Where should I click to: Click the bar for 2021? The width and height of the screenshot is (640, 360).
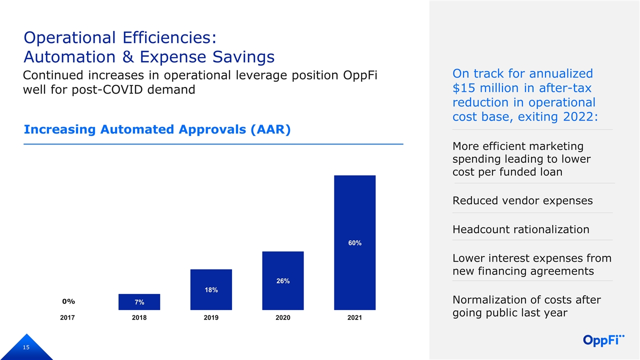tap(354, 210)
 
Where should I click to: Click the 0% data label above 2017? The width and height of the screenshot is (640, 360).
tap(68, 301)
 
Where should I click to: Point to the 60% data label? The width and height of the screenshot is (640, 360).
tap(355, 243)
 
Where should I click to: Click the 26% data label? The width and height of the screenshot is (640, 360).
tap(283, 281)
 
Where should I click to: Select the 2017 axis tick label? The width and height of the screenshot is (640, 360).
tap(67, 318)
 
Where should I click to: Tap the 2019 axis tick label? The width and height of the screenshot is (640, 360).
tap(211, 318)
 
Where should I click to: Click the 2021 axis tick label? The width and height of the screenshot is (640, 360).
tap(355, 318)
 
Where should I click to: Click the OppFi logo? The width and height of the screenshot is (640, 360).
tap(604, 340)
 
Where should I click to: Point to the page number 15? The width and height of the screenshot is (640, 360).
tap(25, 347)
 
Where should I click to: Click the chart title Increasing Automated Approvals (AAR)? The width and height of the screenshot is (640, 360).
tap(157, 129)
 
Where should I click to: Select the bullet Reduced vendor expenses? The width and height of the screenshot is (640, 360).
tap(522, 200)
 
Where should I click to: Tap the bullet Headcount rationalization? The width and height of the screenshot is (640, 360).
tap(520, 229)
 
